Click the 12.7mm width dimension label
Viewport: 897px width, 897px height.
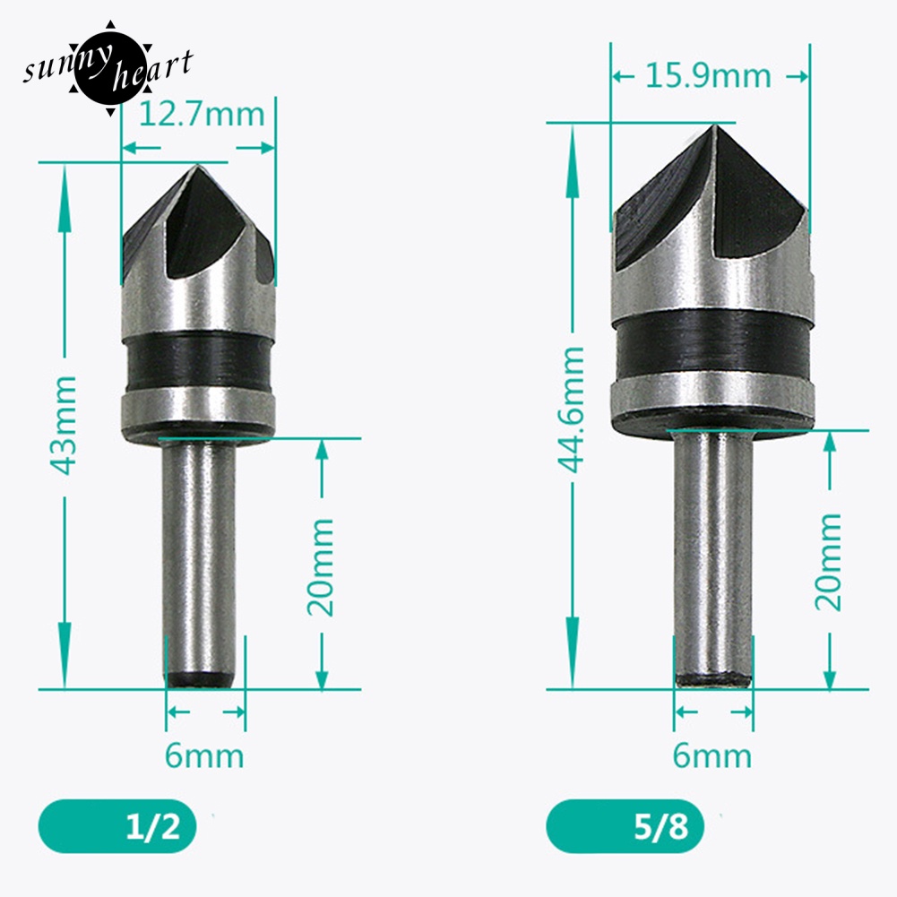202,115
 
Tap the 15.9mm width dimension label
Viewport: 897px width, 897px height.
707,75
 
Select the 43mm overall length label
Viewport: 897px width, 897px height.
64,426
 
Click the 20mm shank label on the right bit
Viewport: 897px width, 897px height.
829,562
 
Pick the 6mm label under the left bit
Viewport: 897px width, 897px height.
204,755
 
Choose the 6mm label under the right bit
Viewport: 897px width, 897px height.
712,755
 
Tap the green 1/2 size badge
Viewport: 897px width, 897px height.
117,824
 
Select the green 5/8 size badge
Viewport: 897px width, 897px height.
625,824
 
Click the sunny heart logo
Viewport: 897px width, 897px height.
108,68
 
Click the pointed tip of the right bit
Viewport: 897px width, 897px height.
714,127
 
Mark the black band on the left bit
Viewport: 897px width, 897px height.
196,360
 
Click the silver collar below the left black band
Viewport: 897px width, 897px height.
196,406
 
